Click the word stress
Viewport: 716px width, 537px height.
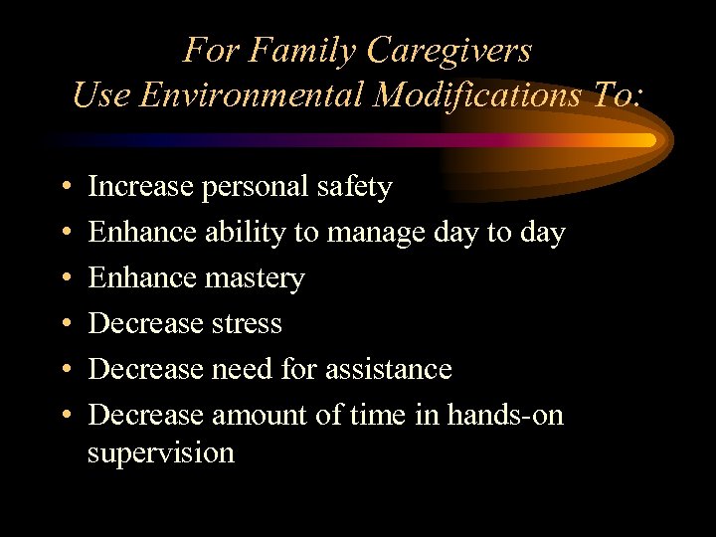pyautogui.click(x=247, y=323)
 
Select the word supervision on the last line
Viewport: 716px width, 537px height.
pyautogui.click(x=161, y=453)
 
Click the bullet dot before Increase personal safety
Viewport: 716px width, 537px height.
pyautogui.click(x=64, y=187)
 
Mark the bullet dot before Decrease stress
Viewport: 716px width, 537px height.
pyautogui.click(x=64, y=324)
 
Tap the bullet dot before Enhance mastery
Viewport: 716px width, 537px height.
pyautogui.click(x=64, y=278)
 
